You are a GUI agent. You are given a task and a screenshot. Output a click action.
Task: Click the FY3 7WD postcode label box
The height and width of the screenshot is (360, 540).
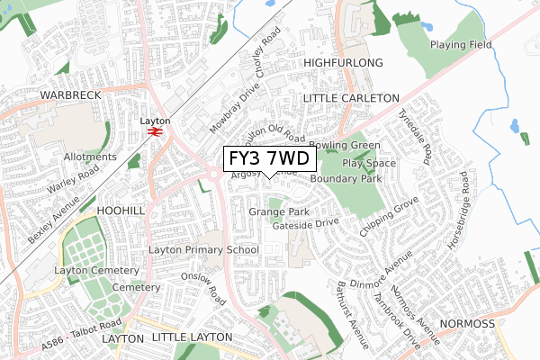click(x=269, y=159)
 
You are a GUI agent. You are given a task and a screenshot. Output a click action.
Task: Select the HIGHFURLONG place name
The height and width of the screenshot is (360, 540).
click(x=343, y=62)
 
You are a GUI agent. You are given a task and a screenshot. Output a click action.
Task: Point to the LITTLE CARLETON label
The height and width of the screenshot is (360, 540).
click(x=351, y=97)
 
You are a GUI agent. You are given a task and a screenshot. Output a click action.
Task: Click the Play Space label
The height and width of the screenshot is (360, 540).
click(x=369, y=163)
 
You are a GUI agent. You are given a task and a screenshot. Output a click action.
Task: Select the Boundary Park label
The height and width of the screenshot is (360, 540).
click(x=346, y=179)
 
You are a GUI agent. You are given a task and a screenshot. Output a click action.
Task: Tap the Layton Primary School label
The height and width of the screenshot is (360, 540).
click(x=203, y=249)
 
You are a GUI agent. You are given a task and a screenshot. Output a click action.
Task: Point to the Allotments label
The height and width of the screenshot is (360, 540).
click(x=90, y=157)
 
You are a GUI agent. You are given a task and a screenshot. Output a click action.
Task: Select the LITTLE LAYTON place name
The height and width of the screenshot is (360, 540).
click(x=192, y=337)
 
